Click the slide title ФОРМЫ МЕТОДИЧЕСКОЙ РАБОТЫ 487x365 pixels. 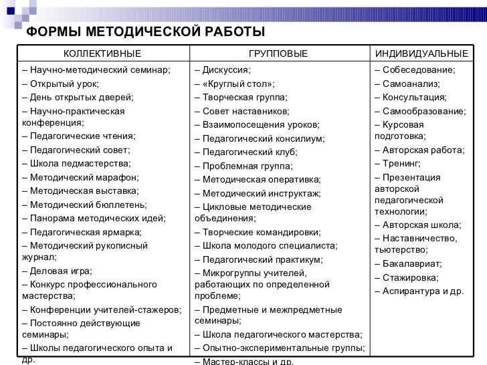coord(145,33)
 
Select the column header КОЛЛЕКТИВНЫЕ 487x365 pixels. coord(102,53)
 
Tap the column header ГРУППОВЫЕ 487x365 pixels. coord(278,53)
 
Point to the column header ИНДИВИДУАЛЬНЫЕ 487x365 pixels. coord(421,53)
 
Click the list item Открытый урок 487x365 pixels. coord(60,84)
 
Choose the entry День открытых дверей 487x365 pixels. coord(78,98)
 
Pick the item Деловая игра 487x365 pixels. coord(58,271)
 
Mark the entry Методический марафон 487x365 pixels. coord(80,177)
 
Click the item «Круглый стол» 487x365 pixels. coord(234,84)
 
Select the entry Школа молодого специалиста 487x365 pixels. coord(262,245)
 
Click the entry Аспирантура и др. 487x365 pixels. coord(418,291)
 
